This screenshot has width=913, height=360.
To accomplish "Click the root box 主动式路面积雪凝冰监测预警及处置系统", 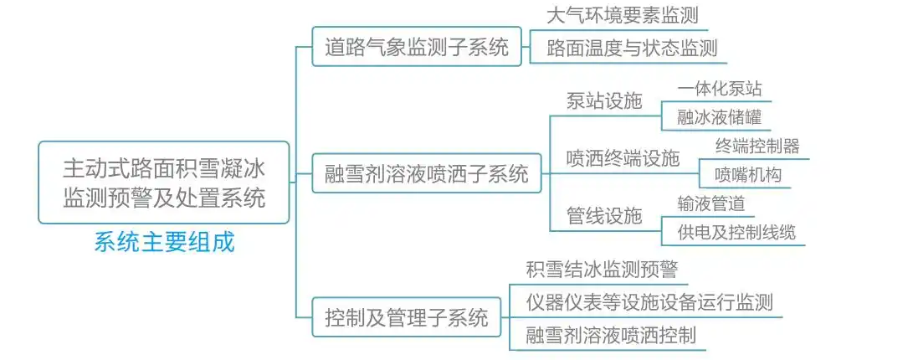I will point(164,182).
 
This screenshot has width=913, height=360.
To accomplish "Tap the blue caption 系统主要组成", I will point(164,243).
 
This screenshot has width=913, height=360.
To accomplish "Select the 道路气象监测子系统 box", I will point(416,47).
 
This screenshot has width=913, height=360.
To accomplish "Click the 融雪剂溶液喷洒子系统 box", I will point(426,175).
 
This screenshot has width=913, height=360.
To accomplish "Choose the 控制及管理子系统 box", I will point(406,317).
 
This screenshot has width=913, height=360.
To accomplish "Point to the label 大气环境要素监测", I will point(622,15).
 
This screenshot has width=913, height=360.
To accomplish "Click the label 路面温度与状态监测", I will point(632,48).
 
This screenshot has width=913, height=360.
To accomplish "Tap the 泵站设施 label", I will point(604,101).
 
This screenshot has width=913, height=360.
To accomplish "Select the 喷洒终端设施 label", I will point(623,158).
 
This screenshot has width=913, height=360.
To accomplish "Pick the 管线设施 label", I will point(604,216).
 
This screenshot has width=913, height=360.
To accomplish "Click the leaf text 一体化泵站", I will point(720,90).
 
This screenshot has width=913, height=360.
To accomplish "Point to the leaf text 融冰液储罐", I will point(720,117).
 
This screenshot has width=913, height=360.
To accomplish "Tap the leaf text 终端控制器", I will point(757,147).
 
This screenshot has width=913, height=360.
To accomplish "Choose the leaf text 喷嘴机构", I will point(739,175).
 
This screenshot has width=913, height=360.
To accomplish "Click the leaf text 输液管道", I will point(711,203).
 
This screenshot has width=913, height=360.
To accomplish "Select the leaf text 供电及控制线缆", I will point(736,232).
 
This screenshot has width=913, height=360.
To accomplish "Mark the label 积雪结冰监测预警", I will point(601,270).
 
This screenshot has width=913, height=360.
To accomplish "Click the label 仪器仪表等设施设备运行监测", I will point(649,302).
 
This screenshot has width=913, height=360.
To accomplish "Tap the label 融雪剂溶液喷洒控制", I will point(611,336).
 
